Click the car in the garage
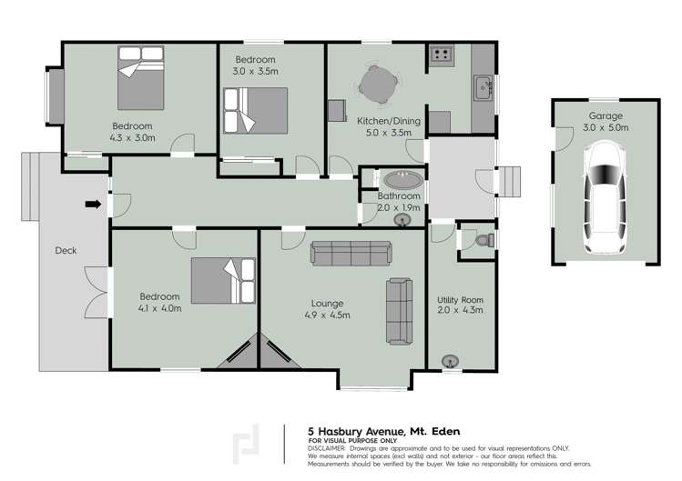[x=605, y=201]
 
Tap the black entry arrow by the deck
[x=93, y=204]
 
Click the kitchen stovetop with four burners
[x=442, y=56]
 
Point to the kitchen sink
[x=483, y=88]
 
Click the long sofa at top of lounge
[x=351, y=252]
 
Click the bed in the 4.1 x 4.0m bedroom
[x=224, y=280]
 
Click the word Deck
[x=66, y=251]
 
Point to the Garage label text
[x=605, y=116]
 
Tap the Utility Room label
[x=460, y=300]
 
